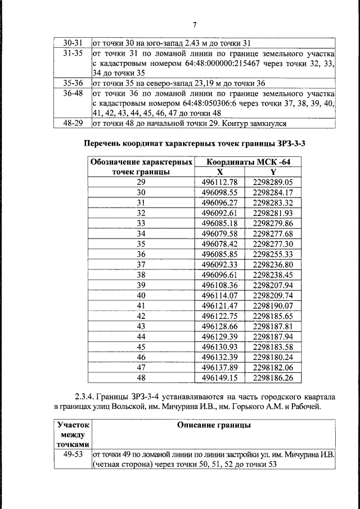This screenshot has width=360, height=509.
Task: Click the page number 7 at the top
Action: [x=194, y=25]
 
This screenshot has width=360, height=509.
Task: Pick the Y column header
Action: [x=273, y=172]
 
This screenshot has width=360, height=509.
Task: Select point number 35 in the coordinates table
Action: [x=141, y=244]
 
